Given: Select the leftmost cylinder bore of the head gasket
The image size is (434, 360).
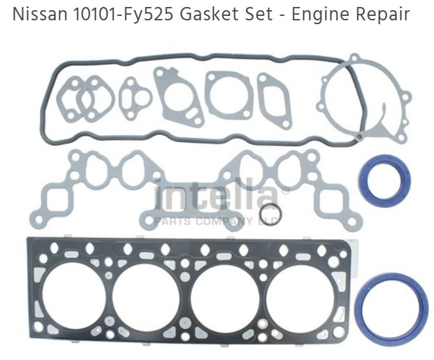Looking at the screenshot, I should (76, 292).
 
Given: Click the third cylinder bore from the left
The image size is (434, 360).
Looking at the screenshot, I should (223, 292).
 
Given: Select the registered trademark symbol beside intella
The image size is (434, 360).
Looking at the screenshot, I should (285, 190).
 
